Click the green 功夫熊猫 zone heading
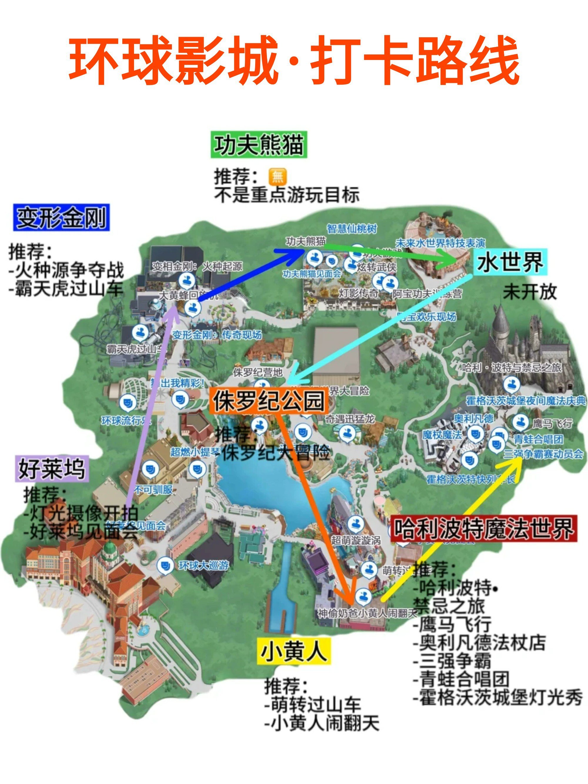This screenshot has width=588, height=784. pyautogui.click(x=259, y=145)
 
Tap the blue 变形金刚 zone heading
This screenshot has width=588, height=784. pyautogui.click(x=61, y=218)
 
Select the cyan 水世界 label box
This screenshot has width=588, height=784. pyautogui.click(x=510, y=262)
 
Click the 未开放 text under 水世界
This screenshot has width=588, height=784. pyautogui.click(x=529, y=292)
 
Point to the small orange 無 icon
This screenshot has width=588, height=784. pyautogui.click(x=278, y=176)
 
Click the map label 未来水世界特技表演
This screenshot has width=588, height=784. pyautogui.click(x=440, y=243)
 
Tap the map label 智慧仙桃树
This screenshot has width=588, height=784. pyautogui.click(x=352, y=229)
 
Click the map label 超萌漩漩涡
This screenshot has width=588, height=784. pyautogui.click(x=355, y=540)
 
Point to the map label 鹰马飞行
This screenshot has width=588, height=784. pyautogui.click(x=552, y=423)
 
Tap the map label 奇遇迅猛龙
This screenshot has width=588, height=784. pyautogui.click(x=350, y=419)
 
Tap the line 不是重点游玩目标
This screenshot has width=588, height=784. pyautogui.click(x=287, y=195)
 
